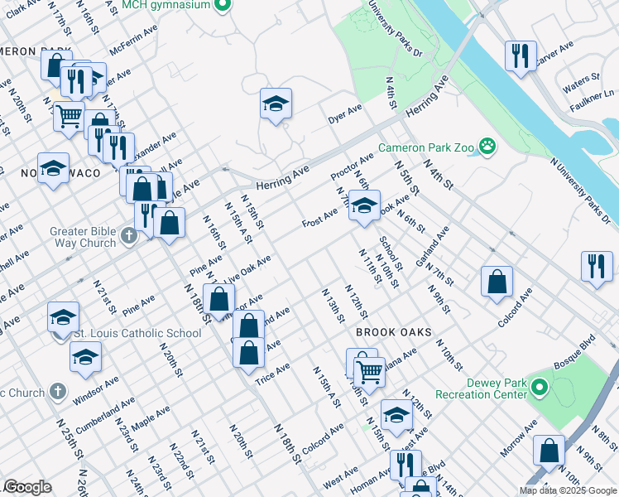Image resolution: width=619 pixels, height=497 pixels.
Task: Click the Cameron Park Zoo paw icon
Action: pos(488,148)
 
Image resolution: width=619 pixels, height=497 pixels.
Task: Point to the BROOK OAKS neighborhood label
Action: pos(394,332)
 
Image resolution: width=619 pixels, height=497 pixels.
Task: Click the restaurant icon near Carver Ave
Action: pos(521,55)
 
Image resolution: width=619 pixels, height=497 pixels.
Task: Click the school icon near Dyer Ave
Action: pos(276,104)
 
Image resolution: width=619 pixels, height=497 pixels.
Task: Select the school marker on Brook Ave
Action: pos(363,205)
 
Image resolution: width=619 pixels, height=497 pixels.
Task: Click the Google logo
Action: pos(27,487)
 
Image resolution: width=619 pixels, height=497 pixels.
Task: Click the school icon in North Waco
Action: pos(53,169)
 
